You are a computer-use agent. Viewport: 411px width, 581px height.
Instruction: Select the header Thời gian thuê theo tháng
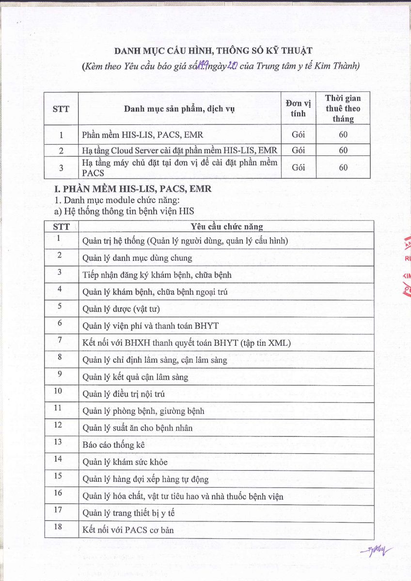click(343, 108)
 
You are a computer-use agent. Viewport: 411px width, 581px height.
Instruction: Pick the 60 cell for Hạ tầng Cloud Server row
click(343, 151)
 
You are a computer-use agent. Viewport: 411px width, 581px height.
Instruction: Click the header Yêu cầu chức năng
click(226, 227)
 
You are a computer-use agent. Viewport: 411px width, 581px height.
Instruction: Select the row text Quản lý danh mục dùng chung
click(137, 258)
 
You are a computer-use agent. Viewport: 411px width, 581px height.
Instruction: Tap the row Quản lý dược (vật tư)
click(121, 309)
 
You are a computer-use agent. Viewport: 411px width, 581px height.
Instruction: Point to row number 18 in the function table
click(58, 527)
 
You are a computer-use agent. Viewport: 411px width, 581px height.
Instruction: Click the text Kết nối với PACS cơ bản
click(128, 530)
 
